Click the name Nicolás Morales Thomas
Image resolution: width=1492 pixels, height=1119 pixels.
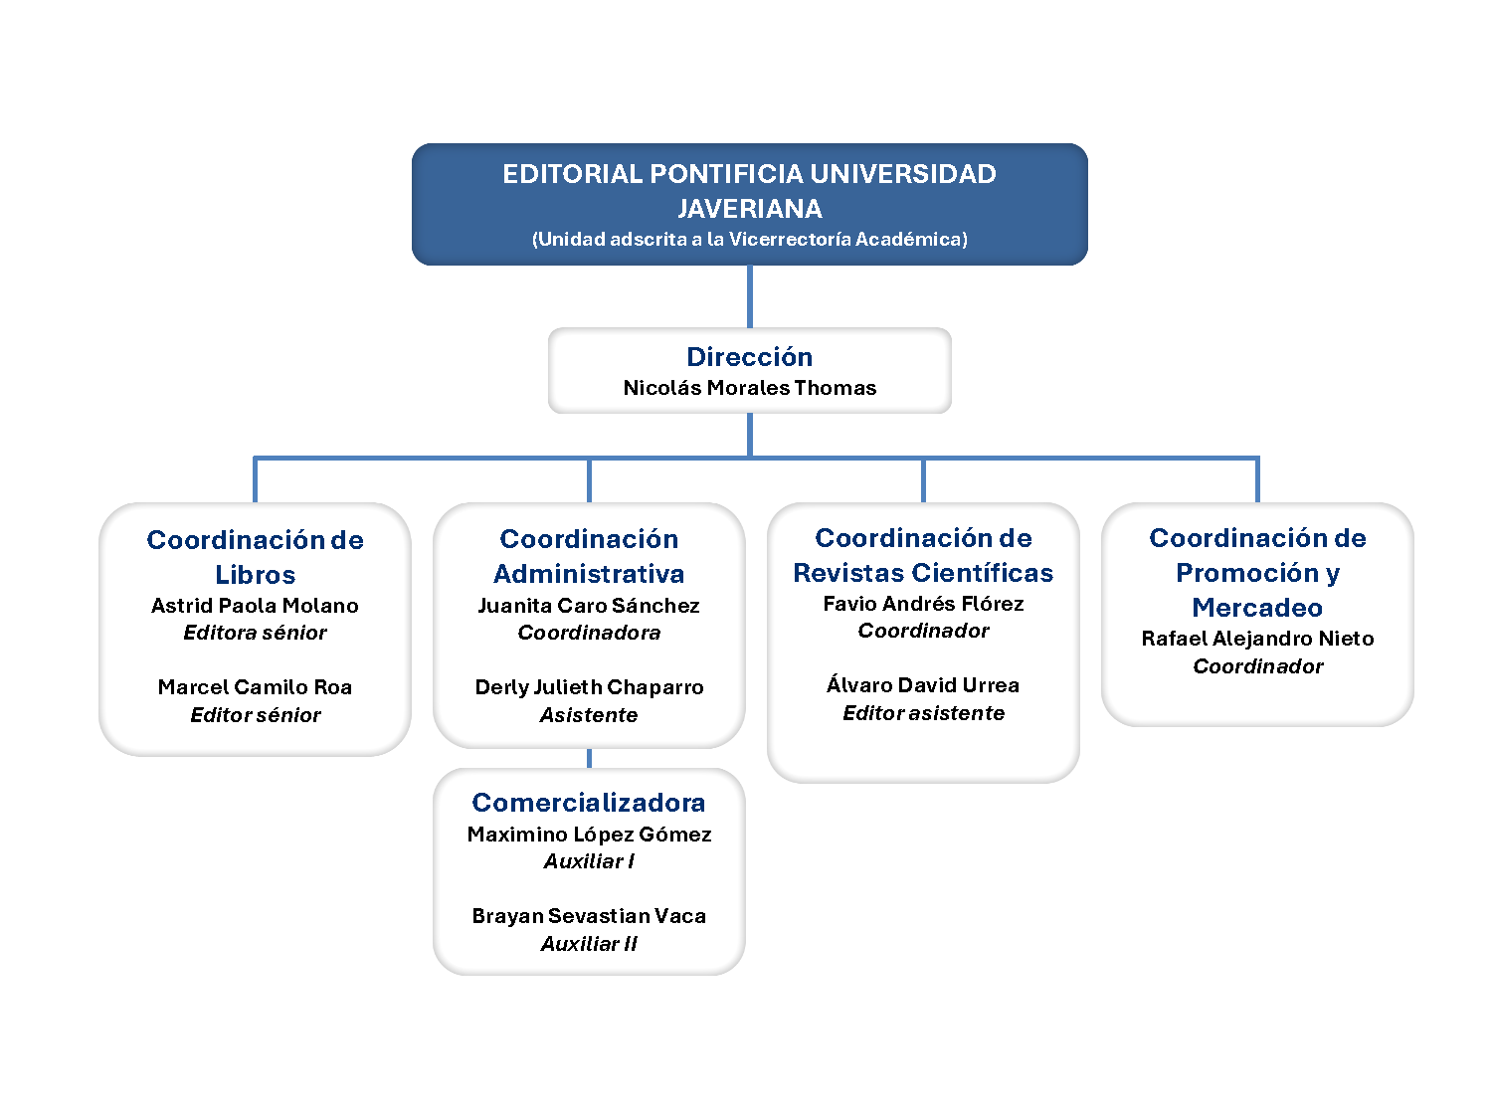tap(749, 387)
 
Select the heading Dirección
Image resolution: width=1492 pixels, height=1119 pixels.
tap(749, 357)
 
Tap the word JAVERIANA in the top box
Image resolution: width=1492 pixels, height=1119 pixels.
tap(749, 209)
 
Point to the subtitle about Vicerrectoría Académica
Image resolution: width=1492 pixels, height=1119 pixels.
tap(749, 239)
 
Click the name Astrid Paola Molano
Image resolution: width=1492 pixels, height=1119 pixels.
tap(255, 606)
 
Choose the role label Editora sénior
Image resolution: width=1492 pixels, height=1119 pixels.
tap(255, 633)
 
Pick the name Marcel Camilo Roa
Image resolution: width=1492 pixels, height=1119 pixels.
tap(255, 687)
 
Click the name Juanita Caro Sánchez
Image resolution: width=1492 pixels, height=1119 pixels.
tap(589, 606)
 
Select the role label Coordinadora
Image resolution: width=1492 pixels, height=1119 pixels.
tap(589, 633)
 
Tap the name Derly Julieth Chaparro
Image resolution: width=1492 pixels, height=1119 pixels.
tap(589, 687)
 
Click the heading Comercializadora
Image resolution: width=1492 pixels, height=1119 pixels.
tap(589, 803)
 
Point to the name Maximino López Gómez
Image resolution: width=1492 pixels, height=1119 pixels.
tap(589, 835)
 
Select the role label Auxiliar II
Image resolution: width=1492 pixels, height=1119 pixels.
tap(589, 944)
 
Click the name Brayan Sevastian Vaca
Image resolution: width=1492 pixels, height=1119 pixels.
tap(589, 916)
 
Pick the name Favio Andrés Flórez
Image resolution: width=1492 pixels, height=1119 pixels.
tap(923, 604)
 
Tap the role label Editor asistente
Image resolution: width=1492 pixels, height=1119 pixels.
tap(923, 713)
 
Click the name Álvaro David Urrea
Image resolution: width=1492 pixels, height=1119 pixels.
tap(923, 685)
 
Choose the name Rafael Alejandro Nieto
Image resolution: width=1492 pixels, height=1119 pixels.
tap(1257, 639)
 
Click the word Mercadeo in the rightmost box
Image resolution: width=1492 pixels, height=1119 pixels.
tap(1257, 608)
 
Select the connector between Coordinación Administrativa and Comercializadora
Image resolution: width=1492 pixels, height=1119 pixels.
tap(589, 758)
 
